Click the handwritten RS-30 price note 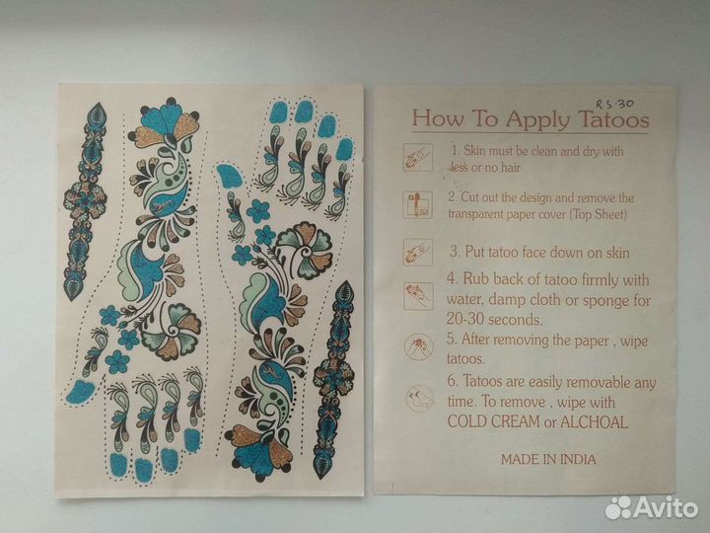(x=614, y=104)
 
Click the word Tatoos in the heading (x=613, y=119)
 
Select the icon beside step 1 (x=418, y=157)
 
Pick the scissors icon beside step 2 (x=417, y=204)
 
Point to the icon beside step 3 (x=417, y=252)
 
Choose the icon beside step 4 (x=418, y=295)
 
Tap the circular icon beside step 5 (x=418, y=347)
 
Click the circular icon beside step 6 (x=419, y=398)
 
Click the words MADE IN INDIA (x=548, y=459)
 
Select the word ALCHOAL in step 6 (x=594, y=422)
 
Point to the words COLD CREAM (x=494, y=421)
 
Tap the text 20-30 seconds (x=494, y=320)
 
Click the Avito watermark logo (x=651, y=507)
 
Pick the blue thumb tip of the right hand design (x=229, y=176)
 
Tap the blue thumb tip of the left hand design (x=80, y=392)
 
